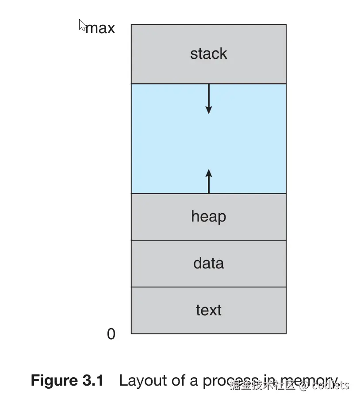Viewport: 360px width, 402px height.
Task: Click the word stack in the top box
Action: coord(208,54)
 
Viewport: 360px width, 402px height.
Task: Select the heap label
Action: coord(208,217)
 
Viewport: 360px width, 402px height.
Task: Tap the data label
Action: coord(208,263)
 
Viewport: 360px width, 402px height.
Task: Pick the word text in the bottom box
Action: coord(208,310)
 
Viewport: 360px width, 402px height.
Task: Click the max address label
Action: coord(100,28)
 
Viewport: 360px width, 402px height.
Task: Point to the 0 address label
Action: coord(111,334)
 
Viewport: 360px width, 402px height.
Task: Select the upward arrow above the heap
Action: coord(209,181)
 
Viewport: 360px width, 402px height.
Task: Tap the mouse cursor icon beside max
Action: coord(82,25)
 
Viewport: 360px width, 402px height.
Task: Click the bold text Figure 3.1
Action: coord(67,380)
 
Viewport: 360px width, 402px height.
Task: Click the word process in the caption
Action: coord(230,381)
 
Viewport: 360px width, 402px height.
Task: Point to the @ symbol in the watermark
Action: coord(303,385)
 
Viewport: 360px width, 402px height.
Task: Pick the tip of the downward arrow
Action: coord(209,113)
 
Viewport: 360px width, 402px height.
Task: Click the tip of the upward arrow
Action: coord(209,170)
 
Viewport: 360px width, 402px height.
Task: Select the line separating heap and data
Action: coord(208,240)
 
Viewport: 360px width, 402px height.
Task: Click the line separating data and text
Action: coord(208,287)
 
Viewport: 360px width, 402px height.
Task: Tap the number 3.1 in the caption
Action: coord(93,380)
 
